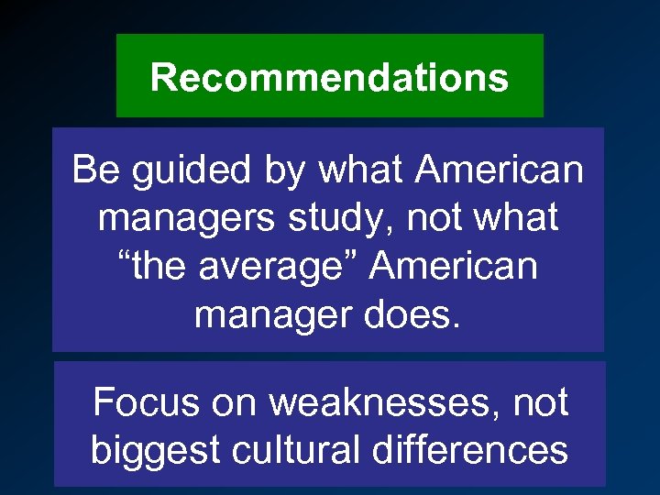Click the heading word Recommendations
click(x=329, y=77)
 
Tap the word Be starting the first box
click(x=95, y=170)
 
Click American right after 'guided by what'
click(x=499, y=170)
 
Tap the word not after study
click(x=434, y=219)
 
